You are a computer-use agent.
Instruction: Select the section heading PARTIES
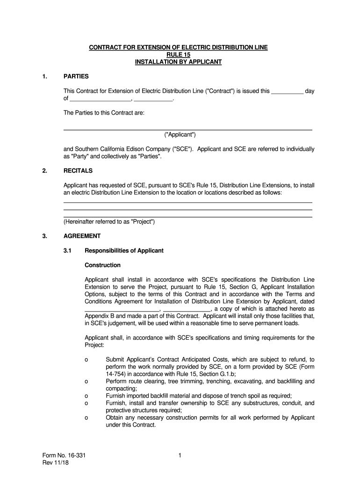pyautogui.click(x=76, y=76)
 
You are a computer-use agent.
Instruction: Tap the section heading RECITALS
pyautogui.click(x=78, y=171)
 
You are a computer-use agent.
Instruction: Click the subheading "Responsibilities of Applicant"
pyautogui.click(x=124, y=251)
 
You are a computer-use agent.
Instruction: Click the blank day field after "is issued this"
pyautogui.click(x=287, y=92)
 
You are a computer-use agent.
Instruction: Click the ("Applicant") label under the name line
pyautogui.click(x=180, y=135)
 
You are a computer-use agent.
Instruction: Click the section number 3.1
pyautogui.click(x=67, y=251)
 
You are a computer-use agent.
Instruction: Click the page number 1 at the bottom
pyautogui.click(x=180, y=455)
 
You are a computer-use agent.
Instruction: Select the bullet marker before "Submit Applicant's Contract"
pyautogui.click(x=86, y=359)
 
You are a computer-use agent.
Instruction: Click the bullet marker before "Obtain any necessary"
pyautogui.click(x=86, y=418)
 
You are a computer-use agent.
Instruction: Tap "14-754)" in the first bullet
pyautogui.click(x=117, y=374)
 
